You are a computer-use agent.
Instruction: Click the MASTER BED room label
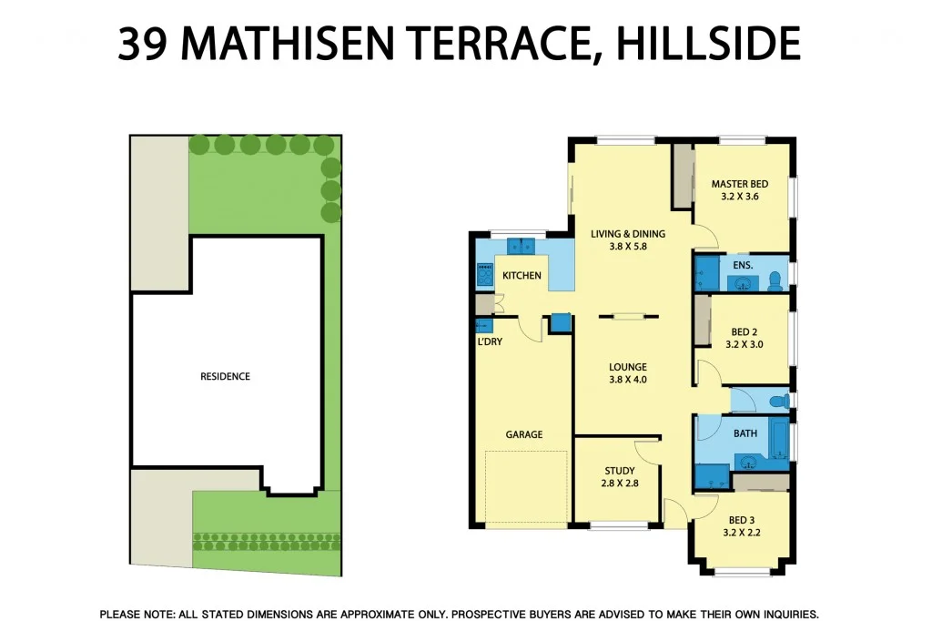(740, 185)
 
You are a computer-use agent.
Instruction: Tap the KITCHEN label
(522, 276)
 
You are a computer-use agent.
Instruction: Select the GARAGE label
(524, 435)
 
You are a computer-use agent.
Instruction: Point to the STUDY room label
(620, 471)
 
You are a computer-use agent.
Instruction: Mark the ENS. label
(741, 265)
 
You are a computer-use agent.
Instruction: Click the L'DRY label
(490, 341)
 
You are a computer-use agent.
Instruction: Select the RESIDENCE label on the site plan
(225, 376)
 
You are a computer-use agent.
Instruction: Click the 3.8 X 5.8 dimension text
(628, 247)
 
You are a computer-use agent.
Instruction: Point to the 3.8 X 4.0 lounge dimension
(628, 381)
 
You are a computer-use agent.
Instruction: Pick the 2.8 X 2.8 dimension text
(620, 484)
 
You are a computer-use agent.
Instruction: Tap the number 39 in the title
(142, 44)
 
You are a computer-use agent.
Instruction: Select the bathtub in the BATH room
(778, 439)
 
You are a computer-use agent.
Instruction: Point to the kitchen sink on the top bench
(522, 246)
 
